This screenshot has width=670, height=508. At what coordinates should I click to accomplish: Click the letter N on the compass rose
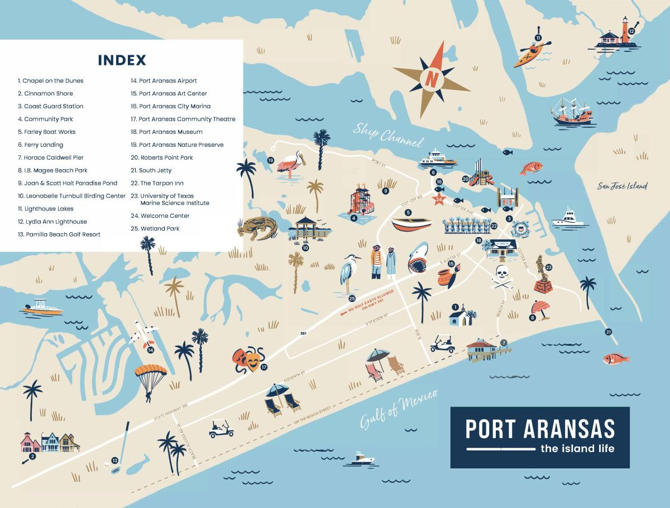(x=431, y=79)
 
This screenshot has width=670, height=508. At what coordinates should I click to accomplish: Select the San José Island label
(x=622, y=186)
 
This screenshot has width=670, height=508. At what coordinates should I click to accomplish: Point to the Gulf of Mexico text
(x=397, y=407)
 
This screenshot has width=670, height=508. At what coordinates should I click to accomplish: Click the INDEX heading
(x=122, y=60)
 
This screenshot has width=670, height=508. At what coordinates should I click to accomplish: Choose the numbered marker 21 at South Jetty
(x=607, y=332)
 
